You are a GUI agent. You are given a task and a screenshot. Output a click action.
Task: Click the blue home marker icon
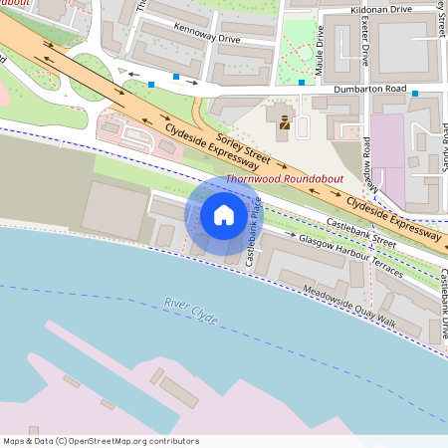pyautogui.click(x=224, y=215)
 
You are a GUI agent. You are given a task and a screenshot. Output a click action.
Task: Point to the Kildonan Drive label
pyautogui.click(x=380, y=9)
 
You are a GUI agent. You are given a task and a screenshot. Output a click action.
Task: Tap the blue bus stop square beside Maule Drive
pyautogui.click(x=302, y=83)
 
